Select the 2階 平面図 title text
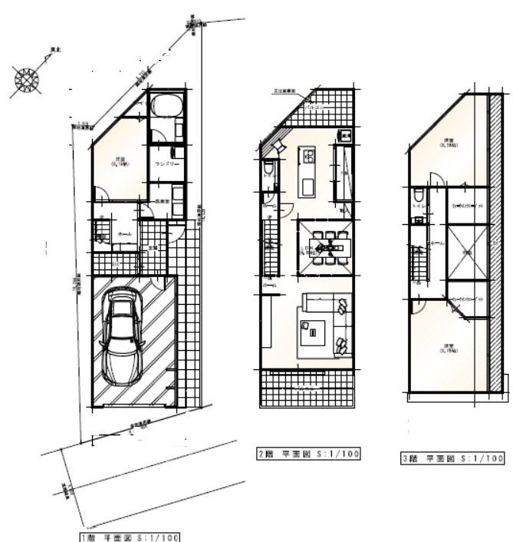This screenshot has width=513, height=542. coord(307,454)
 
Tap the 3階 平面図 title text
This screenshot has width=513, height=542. coord(452,458)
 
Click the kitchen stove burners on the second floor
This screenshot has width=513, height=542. coord(344,137)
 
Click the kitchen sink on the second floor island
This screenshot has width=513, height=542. coord(308,157)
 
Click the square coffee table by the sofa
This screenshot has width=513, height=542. coord(313,332)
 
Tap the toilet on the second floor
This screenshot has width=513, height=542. coord(268,169)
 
